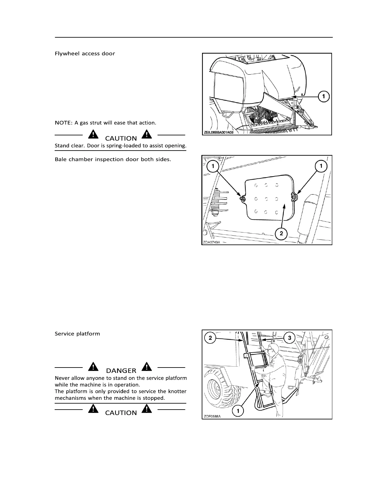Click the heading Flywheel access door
[85, 53]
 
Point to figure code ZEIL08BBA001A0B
[218, 133]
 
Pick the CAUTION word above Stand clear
[121, 139]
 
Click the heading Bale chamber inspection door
[113, 159]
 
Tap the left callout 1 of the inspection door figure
[213, 166]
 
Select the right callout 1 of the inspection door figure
[321, 166]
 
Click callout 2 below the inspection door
[281, 234]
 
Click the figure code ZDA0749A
[211, 243]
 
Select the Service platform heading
[77, 334]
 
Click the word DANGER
[121, 371]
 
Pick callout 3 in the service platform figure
[290, 338]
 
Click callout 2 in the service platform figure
[210, 338]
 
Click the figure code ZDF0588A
[211, 417]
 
